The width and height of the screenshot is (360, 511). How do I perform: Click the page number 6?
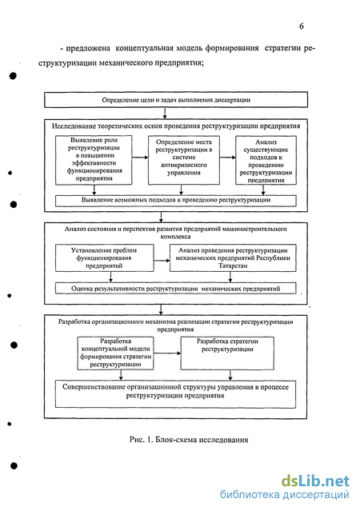click(x=302, y=26)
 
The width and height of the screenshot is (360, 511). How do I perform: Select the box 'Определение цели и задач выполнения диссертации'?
click(x=176, y=100)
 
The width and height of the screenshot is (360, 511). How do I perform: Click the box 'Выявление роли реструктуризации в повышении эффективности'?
click(x=94, y=160)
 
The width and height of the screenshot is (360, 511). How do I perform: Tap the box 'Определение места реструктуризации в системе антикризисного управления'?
click(x=183, y=160)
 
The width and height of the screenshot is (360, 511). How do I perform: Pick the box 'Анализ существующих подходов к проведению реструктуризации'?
click(x=266, y=161)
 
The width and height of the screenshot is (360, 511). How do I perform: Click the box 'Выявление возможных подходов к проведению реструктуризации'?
click(x=176, y=201)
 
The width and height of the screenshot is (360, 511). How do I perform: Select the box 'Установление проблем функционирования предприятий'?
click(x=104, y=257)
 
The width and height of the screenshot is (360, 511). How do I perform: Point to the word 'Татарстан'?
click(x=233, y=265)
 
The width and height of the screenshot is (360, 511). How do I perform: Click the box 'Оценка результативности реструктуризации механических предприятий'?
click(x=176, y=289)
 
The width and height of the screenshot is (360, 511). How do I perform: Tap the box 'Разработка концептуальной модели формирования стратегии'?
click(x=115, y=353)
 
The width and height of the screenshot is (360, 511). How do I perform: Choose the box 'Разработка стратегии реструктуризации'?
click(x=227, y=353)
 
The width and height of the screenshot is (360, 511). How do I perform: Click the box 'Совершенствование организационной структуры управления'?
click(x=175, y=394)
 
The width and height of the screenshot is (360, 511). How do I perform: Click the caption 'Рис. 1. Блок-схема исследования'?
click(x=189, y=440)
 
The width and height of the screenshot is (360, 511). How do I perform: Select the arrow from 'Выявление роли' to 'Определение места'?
click(x=140, y=158)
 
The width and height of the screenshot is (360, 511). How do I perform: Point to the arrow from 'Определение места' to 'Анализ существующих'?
click(x=228, y=158)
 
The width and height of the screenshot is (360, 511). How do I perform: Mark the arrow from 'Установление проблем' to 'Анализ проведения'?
click(x=162, y=261)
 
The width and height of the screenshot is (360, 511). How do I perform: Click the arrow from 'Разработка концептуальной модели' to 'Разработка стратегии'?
click(x=167, y=353)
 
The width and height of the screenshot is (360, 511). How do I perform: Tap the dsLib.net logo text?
click(x=315, y=481)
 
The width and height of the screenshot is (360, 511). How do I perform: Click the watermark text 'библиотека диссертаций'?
click(x=284, y=495)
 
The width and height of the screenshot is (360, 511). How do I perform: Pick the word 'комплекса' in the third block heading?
click(x=175, y=236)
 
